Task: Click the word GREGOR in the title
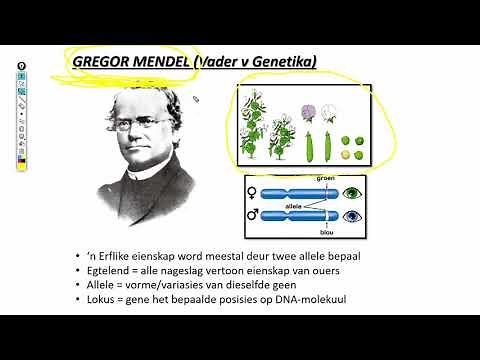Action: [102, 62]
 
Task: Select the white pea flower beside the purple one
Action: [330, 111]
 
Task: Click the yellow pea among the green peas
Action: [349, 157]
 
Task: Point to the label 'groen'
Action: [325, 179]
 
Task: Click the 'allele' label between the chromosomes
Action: [294, 203]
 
